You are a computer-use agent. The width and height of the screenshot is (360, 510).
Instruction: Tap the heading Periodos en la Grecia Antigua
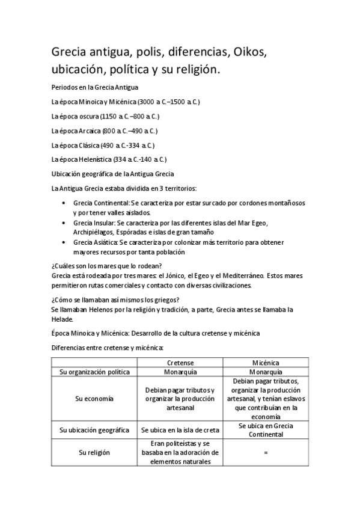click(x=95, y=88)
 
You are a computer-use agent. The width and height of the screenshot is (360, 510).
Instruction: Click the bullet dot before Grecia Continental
click(x=64, y=204)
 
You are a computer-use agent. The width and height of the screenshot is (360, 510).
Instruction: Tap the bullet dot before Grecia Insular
click(x=64, y=223)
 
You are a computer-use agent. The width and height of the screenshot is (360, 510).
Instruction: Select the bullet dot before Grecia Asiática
click(x=64, y=242)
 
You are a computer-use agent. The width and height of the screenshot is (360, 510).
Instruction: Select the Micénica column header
click(x=265, y=363)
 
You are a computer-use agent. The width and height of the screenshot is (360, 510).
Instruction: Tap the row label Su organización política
click(x=95, y=372)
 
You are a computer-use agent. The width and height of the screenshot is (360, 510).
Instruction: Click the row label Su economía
click(x=95, y=398)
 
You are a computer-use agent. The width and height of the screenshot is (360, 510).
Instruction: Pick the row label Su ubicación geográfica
click(x=95, y=430)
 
